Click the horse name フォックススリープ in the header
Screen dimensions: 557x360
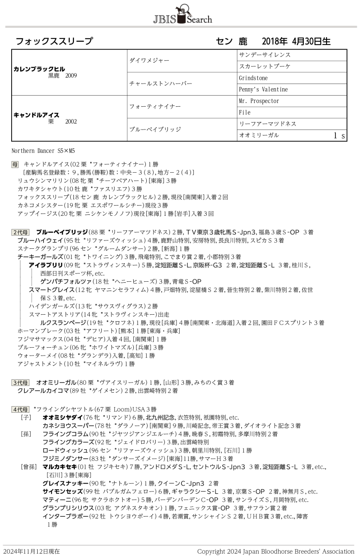coord(54,41)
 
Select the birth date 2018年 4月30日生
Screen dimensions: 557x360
coord(296,41)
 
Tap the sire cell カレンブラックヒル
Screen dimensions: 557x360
coord(39,69)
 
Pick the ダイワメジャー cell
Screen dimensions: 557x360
coord(149,61)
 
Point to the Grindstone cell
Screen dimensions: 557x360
coord(253,78)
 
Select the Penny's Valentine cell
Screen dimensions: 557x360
coord(263,89)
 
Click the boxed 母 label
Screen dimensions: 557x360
coord(15,164)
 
